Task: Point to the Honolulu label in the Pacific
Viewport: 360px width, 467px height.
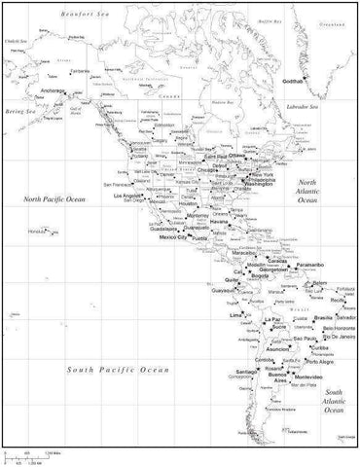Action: pos(39,230)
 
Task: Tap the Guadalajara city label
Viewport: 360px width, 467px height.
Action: pos(141,229)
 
